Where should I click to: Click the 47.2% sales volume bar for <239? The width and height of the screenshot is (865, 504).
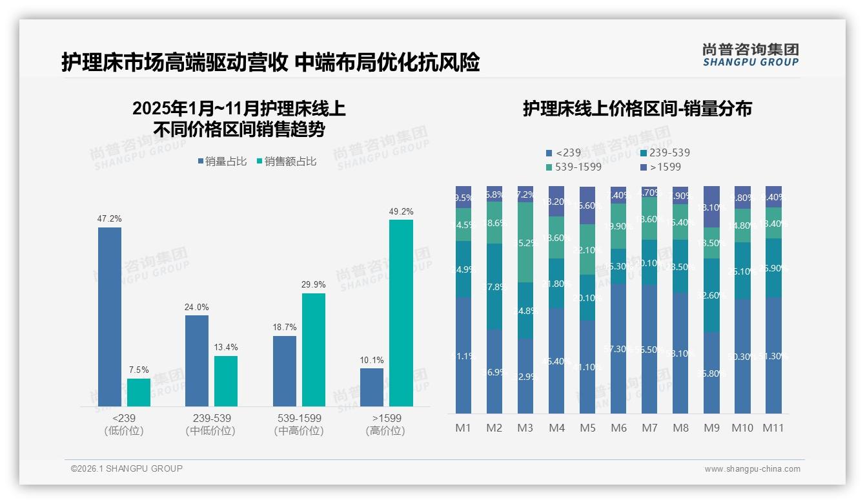coord(110,317)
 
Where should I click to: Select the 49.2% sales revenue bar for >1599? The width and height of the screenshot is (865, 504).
coord(401,313)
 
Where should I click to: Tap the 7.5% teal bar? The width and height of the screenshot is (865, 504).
coord(139,392)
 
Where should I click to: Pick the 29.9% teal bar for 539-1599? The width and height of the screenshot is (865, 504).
coord(314,350)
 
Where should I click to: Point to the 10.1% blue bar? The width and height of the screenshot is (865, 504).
coord(372,387)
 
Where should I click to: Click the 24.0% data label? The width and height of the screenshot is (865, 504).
coord(197,307)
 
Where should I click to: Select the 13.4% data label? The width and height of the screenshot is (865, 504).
coord(226,348)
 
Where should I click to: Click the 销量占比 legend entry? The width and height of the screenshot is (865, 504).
coord(222,162)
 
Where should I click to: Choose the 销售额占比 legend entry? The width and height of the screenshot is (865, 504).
coord(287,162)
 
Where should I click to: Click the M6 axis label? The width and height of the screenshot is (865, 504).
coord(618,428)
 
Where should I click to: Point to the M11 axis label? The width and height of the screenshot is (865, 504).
coord(773,428)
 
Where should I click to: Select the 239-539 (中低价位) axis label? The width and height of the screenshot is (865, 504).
coord(210,425)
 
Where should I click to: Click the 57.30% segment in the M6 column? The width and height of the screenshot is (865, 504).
coord(618,349)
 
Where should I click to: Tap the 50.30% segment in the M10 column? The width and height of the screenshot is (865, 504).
coord(742,356)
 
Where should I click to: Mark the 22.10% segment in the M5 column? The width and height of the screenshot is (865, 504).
coord(587,249)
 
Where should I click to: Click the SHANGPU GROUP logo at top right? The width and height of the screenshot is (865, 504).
coord(750,55)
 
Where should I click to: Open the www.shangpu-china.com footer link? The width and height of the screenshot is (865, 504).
coord(752,469)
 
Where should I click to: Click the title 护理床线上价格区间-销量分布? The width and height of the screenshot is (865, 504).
coord(637,109)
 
